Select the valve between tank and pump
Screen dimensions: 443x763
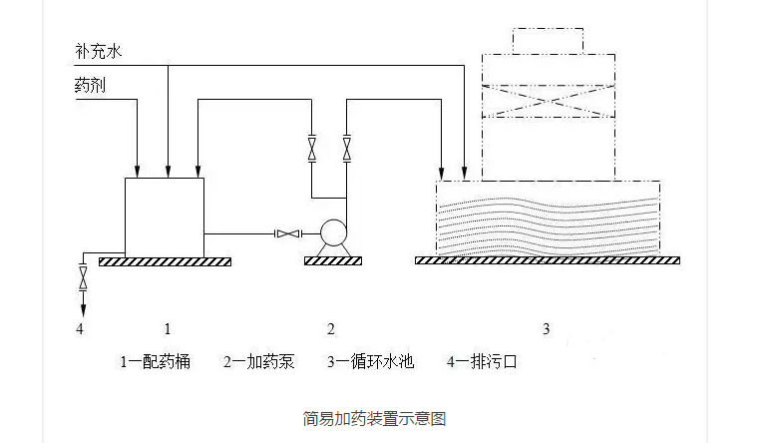[286, 234]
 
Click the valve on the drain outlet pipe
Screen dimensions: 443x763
[82, 272]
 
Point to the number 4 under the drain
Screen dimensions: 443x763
[81, 328]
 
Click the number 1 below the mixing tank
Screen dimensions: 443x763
[168, 328]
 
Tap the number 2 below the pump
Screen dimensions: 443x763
[331, 328]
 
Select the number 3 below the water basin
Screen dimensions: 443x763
[546, 328]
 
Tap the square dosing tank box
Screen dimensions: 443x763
[164, 216]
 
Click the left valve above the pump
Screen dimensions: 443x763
[311, 149]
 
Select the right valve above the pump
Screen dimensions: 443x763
[347, 149]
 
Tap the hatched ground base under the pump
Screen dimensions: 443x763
[331, 261]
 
